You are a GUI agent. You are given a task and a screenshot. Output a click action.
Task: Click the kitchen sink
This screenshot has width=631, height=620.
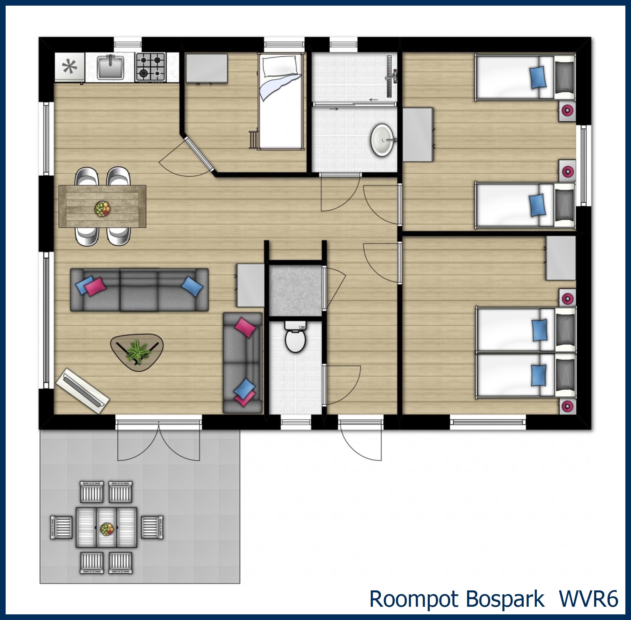[111, 67]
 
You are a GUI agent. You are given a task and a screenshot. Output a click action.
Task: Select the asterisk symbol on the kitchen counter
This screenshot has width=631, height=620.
[70, 67]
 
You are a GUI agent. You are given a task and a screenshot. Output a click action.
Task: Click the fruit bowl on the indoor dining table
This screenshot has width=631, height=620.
[103, 208]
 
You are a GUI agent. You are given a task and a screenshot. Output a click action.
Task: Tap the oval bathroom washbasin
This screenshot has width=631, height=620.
[383, 140]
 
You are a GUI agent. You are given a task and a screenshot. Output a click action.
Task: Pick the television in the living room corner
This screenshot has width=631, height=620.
[82, 391]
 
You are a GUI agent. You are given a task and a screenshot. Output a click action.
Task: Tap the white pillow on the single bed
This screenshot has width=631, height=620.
[280, 65]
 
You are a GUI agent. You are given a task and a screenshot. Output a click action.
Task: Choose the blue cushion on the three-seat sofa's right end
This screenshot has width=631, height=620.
[192, 286]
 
